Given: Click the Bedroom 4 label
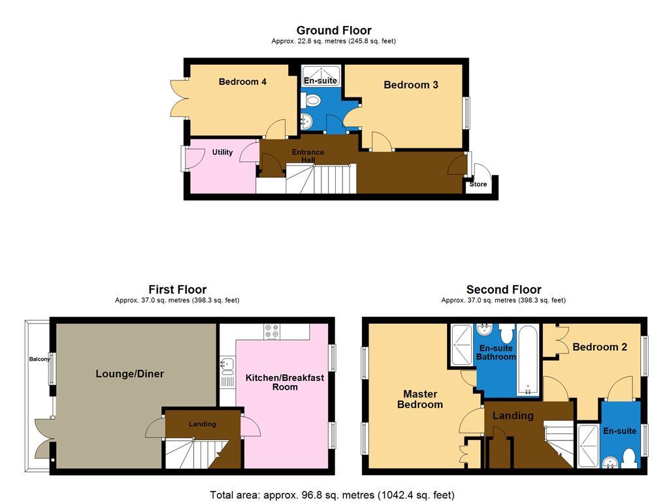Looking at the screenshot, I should (x=242, y=82).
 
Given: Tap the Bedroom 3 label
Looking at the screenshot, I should (x=410, y=85).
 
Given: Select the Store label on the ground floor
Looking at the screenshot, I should (x=478, y=184).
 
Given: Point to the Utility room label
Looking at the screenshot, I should (x=222, y=152).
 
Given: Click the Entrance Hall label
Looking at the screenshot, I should (x=308, y=156).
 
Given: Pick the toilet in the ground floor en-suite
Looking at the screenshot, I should (x=312, y=101).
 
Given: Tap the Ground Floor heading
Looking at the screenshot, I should (x=334, y=30).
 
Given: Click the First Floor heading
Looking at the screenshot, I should (x=177, y=290).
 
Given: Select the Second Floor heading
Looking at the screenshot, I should (x=503, y=290).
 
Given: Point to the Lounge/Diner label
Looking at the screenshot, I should (x=129, y=374).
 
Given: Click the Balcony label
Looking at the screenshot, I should (x=39, y=360).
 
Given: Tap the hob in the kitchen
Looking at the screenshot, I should (x=272, y=332).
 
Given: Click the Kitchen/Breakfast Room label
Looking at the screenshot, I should (x=284, y=382).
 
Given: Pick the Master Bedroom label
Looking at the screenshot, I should (x=419, y=399).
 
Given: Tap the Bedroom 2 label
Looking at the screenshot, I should (x=599, y=347).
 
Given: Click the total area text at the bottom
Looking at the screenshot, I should (x=332, y=495).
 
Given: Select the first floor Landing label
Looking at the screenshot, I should (x=203, y=424).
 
